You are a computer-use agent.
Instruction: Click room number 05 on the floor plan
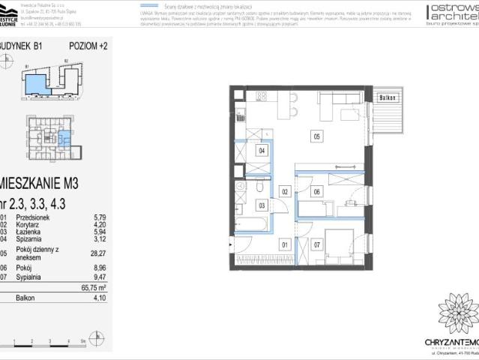[317, 136]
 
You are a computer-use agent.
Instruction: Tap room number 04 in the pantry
[262, 151]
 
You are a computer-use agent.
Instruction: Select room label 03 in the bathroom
[262, 205]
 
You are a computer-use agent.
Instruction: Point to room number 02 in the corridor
[285, 192]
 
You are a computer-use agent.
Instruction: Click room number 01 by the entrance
[285, 244]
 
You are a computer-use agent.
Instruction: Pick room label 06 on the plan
[317, 192]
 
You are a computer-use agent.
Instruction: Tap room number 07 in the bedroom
[317, 244]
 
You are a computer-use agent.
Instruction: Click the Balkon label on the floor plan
[387, 98]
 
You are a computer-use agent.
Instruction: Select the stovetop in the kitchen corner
[262, 96]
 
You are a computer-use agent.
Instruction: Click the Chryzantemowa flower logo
[457, 313]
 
